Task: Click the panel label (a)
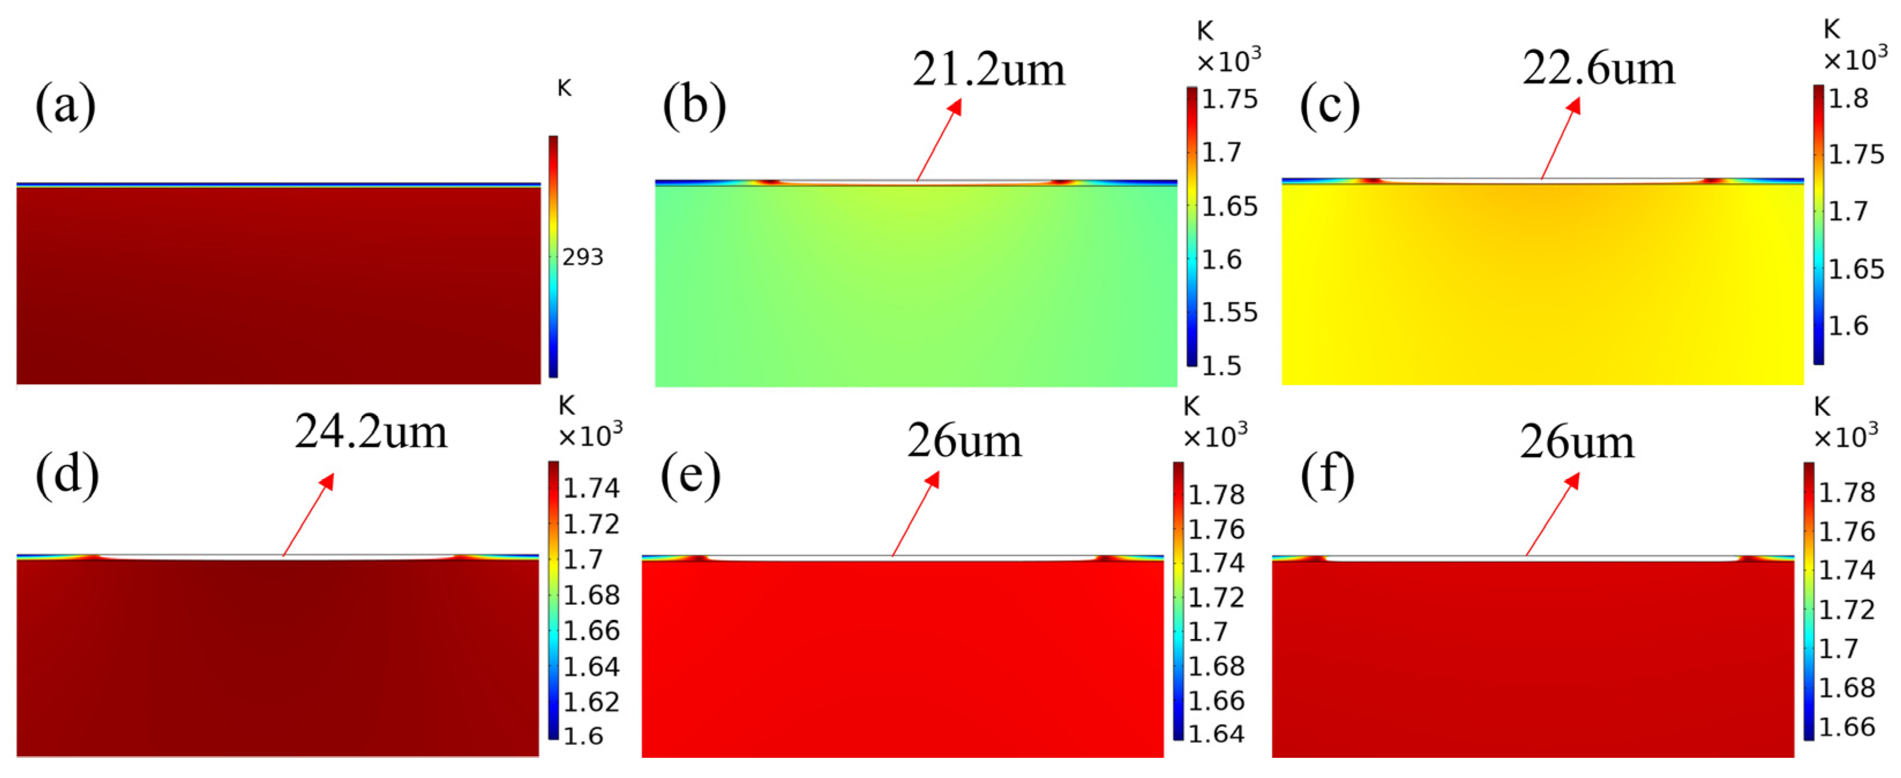coord(65,105)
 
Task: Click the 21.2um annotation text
coord(988,70)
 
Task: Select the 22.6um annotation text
coord(1599,69)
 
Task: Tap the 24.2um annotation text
coord(371,431)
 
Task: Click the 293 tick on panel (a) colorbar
coord(582,257)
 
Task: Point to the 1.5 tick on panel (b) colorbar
coord(1221,366)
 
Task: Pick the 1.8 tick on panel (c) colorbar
coord(1848,98)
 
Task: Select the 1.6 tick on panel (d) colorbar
coord(583,736)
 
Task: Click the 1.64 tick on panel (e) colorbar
coord(1215,734)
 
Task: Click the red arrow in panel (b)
coord(939,140)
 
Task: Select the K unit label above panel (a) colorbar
coord(564,88)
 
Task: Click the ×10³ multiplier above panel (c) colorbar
coord(1854,59)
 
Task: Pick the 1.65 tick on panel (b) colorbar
coord(1229,206)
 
